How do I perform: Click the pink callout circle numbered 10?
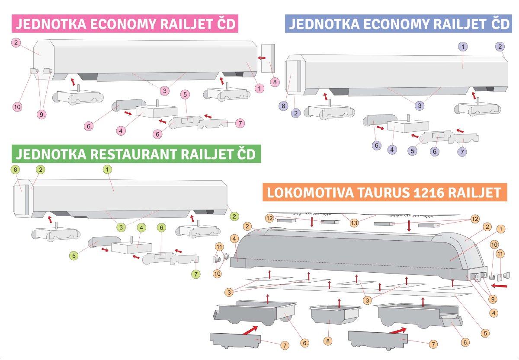(17, 107)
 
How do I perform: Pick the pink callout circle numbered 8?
(275, 82)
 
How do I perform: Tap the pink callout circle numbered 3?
(165, 91)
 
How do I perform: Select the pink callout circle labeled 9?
(42, 115)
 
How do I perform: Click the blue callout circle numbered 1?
(463, 47)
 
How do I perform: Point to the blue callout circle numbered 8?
(283, 106)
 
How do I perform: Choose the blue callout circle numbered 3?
(420, 105)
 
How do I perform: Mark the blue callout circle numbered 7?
(462, 152)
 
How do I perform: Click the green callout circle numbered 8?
(15, 169)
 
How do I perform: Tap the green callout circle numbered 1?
(107, 169)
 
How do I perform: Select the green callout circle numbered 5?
(74, 256)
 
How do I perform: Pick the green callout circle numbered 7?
(196, 274)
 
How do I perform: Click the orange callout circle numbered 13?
(354, 223)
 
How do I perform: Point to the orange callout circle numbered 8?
(328, 341)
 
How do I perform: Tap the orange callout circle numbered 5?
(485, 333)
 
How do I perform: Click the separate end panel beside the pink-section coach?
(268, 58)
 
